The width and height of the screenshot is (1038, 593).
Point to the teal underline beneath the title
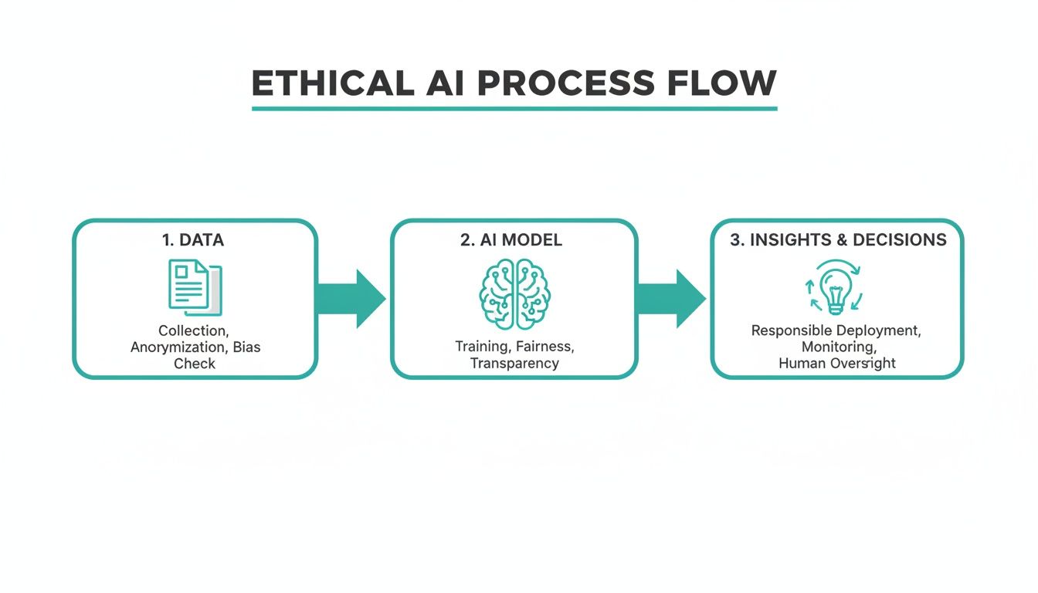[x=514, y=109]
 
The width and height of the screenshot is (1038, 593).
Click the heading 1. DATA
[x=193, y=240]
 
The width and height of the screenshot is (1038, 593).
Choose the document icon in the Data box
[x=195, y=287]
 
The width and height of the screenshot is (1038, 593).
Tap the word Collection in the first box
[x=193, y=331]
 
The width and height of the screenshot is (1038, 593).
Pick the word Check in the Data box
[x=195, y=364]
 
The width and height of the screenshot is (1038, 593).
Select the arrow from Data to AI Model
[x=351, y=299]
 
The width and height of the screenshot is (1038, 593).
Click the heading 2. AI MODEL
[x=511, y=240]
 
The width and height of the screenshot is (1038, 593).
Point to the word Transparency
[x=514, y=363]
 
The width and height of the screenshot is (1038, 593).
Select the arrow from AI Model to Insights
[x=670, y=299]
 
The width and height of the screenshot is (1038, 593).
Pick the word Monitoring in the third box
[x=836, y=347]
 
